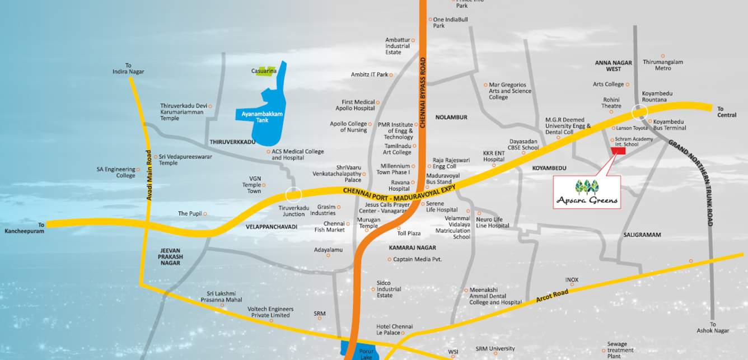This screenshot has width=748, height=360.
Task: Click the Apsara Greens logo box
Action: [587, 192]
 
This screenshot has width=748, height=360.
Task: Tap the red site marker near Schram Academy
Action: [618, 151]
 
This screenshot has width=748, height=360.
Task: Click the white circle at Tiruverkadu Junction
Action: [293, 195]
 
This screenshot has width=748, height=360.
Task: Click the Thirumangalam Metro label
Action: [663, 65]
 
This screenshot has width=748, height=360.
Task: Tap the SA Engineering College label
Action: [116, 172]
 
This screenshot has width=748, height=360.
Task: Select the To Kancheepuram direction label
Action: [25, 228]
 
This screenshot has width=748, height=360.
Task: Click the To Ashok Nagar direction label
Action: [713, 328]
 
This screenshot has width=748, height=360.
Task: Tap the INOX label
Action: [572, 280]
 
